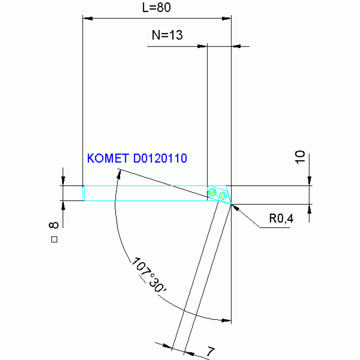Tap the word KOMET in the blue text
pyautogui.click(x=108, y=158)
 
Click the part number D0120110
pyautogui.click(x=160, y=158)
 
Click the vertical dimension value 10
pyautogui.click(x=301, y=156)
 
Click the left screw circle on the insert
pyautogui.click(x=213, y=192)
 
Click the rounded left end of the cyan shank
pyautogui.click(x=84, y=193)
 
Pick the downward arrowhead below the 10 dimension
pyautogui.click(x=309, y=181)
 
